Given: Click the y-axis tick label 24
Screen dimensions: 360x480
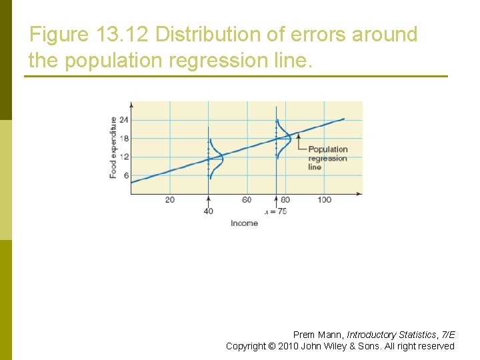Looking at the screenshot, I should [124, 120].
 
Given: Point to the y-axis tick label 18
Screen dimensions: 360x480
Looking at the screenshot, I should [124, 139].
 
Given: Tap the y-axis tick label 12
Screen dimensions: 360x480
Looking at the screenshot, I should [124, 157].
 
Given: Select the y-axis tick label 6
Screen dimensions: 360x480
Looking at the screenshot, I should [125, 176].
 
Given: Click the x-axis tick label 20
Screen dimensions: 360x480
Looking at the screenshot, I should [170, 200].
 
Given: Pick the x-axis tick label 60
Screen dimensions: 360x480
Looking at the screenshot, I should [247, 200].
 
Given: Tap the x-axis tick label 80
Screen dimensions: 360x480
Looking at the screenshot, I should [285, 200].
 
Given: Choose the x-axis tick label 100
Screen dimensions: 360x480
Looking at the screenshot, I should [324, 200].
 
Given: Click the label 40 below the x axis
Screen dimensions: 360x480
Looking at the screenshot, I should [208, 211].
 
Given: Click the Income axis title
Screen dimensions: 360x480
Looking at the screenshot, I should [244, 223].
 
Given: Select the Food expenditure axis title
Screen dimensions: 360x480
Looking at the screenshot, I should [113, 147].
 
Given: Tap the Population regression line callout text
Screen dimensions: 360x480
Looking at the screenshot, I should [327, 158].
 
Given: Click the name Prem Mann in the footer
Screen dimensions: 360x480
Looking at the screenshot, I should [317, 335].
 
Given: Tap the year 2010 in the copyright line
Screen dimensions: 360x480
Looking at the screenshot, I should [287, 346].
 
